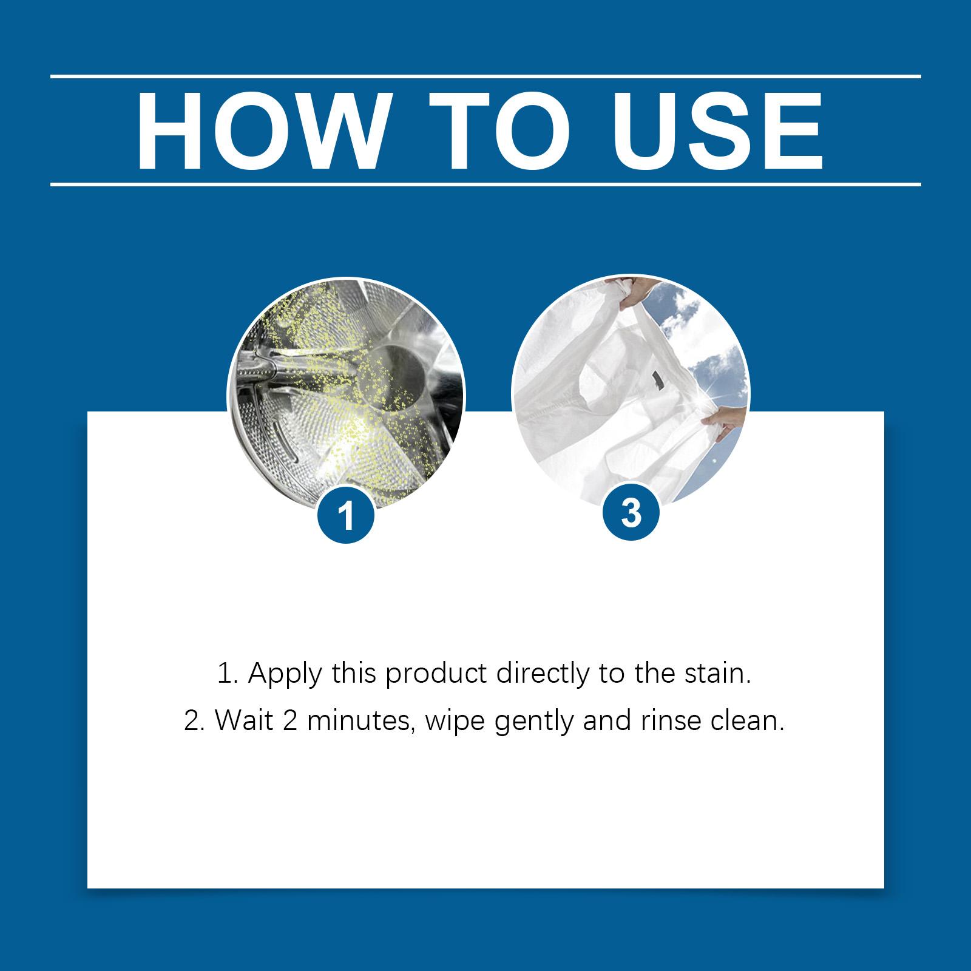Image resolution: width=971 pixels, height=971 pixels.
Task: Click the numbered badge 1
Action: tap(347, 515)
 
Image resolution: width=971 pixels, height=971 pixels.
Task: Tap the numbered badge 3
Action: tap(631, 513)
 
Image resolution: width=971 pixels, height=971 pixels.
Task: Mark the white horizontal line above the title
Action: tap(486, 76)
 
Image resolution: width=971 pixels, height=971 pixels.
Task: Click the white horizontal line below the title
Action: tap(486, 183)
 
